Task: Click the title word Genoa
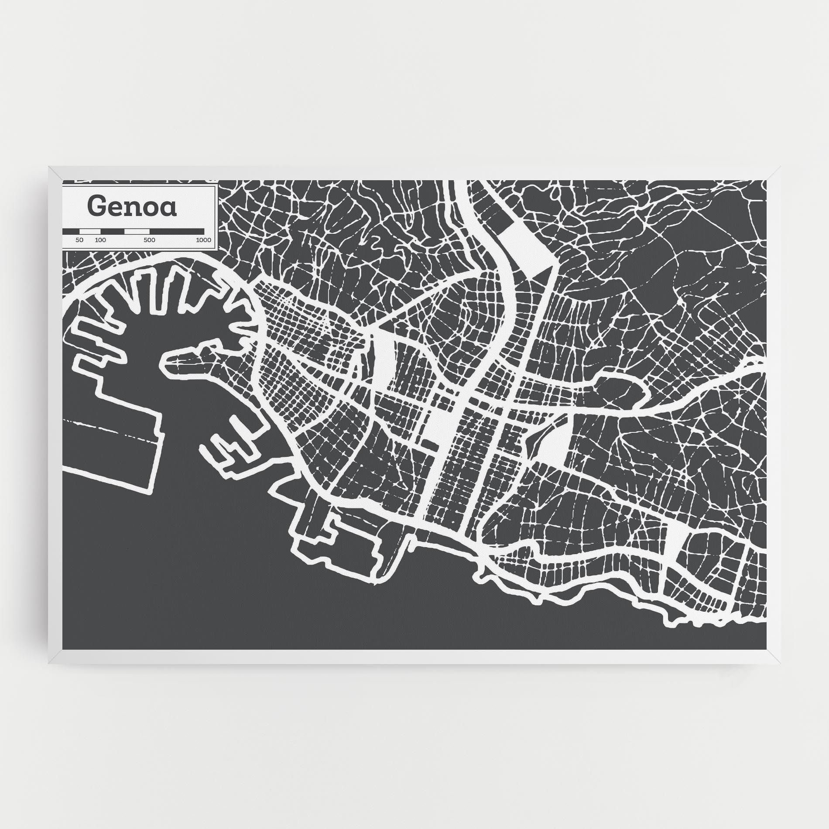[133, 206]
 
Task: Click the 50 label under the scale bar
[79, 240]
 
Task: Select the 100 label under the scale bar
[100, 240]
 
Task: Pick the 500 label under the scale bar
[149, 240]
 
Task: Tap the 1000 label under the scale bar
[203, 240]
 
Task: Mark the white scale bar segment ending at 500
[137, 231]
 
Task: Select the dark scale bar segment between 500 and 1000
[176, 231]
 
